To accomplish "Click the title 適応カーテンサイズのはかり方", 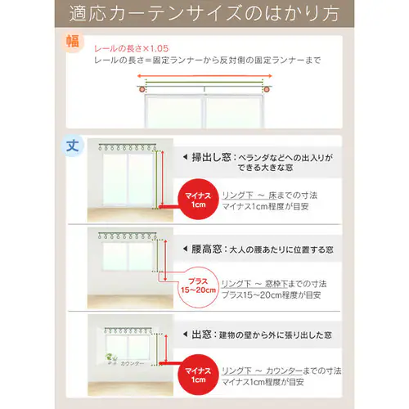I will tap(204, 14).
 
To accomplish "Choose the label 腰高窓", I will tap(209, 247).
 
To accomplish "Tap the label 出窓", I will tap(204, 335).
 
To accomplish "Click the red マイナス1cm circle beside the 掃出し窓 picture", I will tap(199, 199).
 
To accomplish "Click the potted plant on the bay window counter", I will tap(110, 359).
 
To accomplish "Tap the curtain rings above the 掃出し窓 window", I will tap(127, 147).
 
